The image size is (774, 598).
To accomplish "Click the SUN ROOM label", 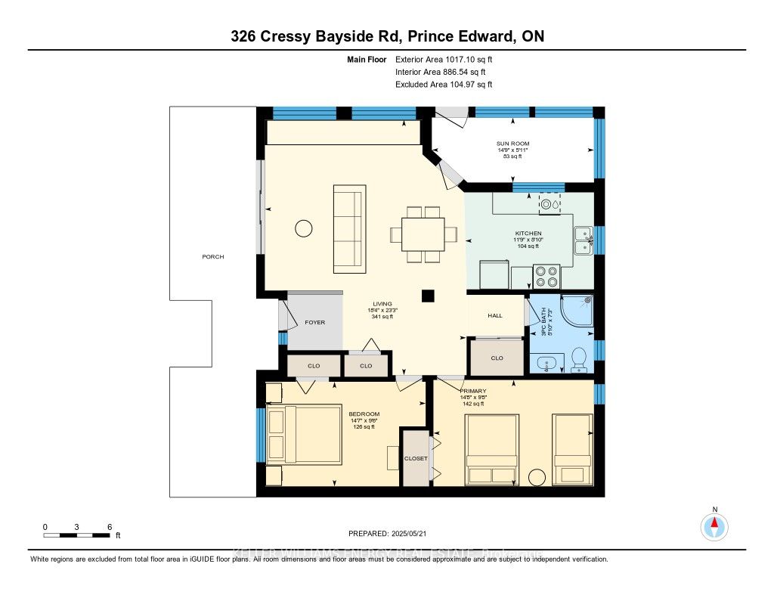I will [x=513, y=143].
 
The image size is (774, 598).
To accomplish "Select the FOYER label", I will [x=314, y=322].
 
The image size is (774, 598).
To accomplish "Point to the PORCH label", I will [x=212, y=256].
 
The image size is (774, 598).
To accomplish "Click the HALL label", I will [x=495, y=315].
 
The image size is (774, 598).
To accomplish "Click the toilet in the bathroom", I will [x=580, y=359].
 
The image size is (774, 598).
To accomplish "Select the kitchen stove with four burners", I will [x=546, y=275].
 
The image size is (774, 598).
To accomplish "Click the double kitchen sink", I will [x=583, y=240].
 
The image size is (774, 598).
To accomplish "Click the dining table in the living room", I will [x=423, y=234].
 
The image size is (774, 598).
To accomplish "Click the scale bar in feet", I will [x=77, y=535].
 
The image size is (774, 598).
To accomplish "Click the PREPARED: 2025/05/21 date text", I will [x=386, y=533].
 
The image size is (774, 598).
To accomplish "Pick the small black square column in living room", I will [x=429, y=296].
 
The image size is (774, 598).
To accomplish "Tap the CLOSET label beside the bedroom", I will [x=415, y=458].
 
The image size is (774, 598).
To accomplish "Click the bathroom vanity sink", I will [x=547, y=364].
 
